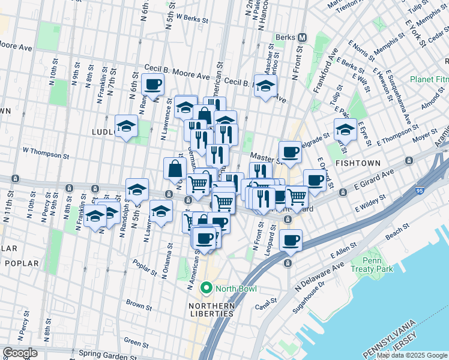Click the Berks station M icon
pos(302,37)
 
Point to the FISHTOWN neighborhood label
pos(357,163)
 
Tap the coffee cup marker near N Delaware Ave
pos(291,241)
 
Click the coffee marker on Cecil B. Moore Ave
pos(153,85)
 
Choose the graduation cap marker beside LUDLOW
pos(127,126)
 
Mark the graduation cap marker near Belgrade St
pos(345,129)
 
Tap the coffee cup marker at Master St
pos(290,152)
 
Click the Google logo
pos(20,353)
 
